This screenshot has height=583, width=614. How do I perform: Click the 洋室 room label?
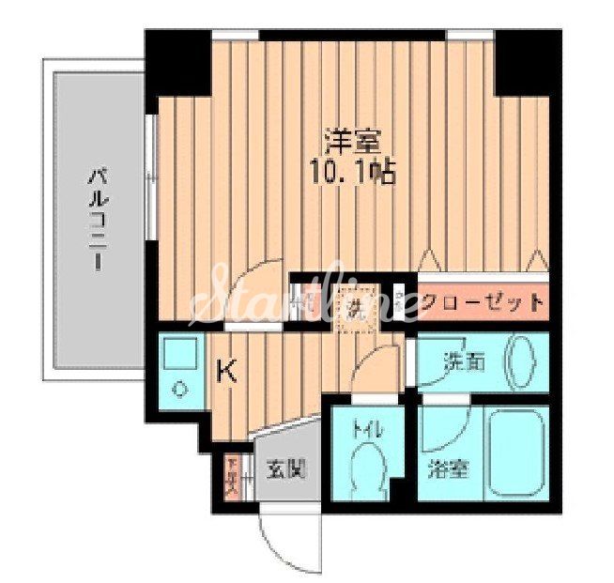tap(351, 142)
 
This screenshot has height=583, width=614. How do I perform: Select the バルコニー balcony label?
tap(97, 219)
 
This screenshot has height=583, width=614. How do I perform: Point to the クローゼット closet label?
tap(482, 302)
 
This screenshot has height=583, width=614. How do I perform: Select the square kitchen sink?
tap(177, 353)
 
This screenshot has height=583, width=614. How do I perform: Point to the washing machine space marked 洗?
tap(357, 303)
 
